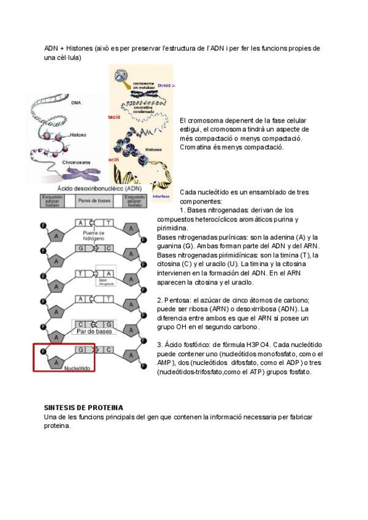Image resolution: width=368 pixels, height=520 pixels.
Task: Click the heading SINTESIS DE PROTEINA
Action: [83, 408]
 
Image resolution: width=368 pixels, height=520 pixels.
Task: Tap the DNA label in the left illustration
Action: [77, 102]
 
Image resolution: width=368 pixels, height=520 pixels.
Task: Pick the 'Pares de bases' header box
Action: [94, 200]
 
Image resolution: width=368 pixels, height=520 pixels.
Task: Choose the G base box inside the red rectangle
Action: [80, 349]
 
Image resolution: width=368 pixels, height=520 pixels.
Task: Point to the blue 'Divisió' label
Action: [166, 86]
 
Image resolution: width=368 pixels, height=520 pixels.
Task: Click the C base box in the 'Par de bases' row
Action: [80, 324]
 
